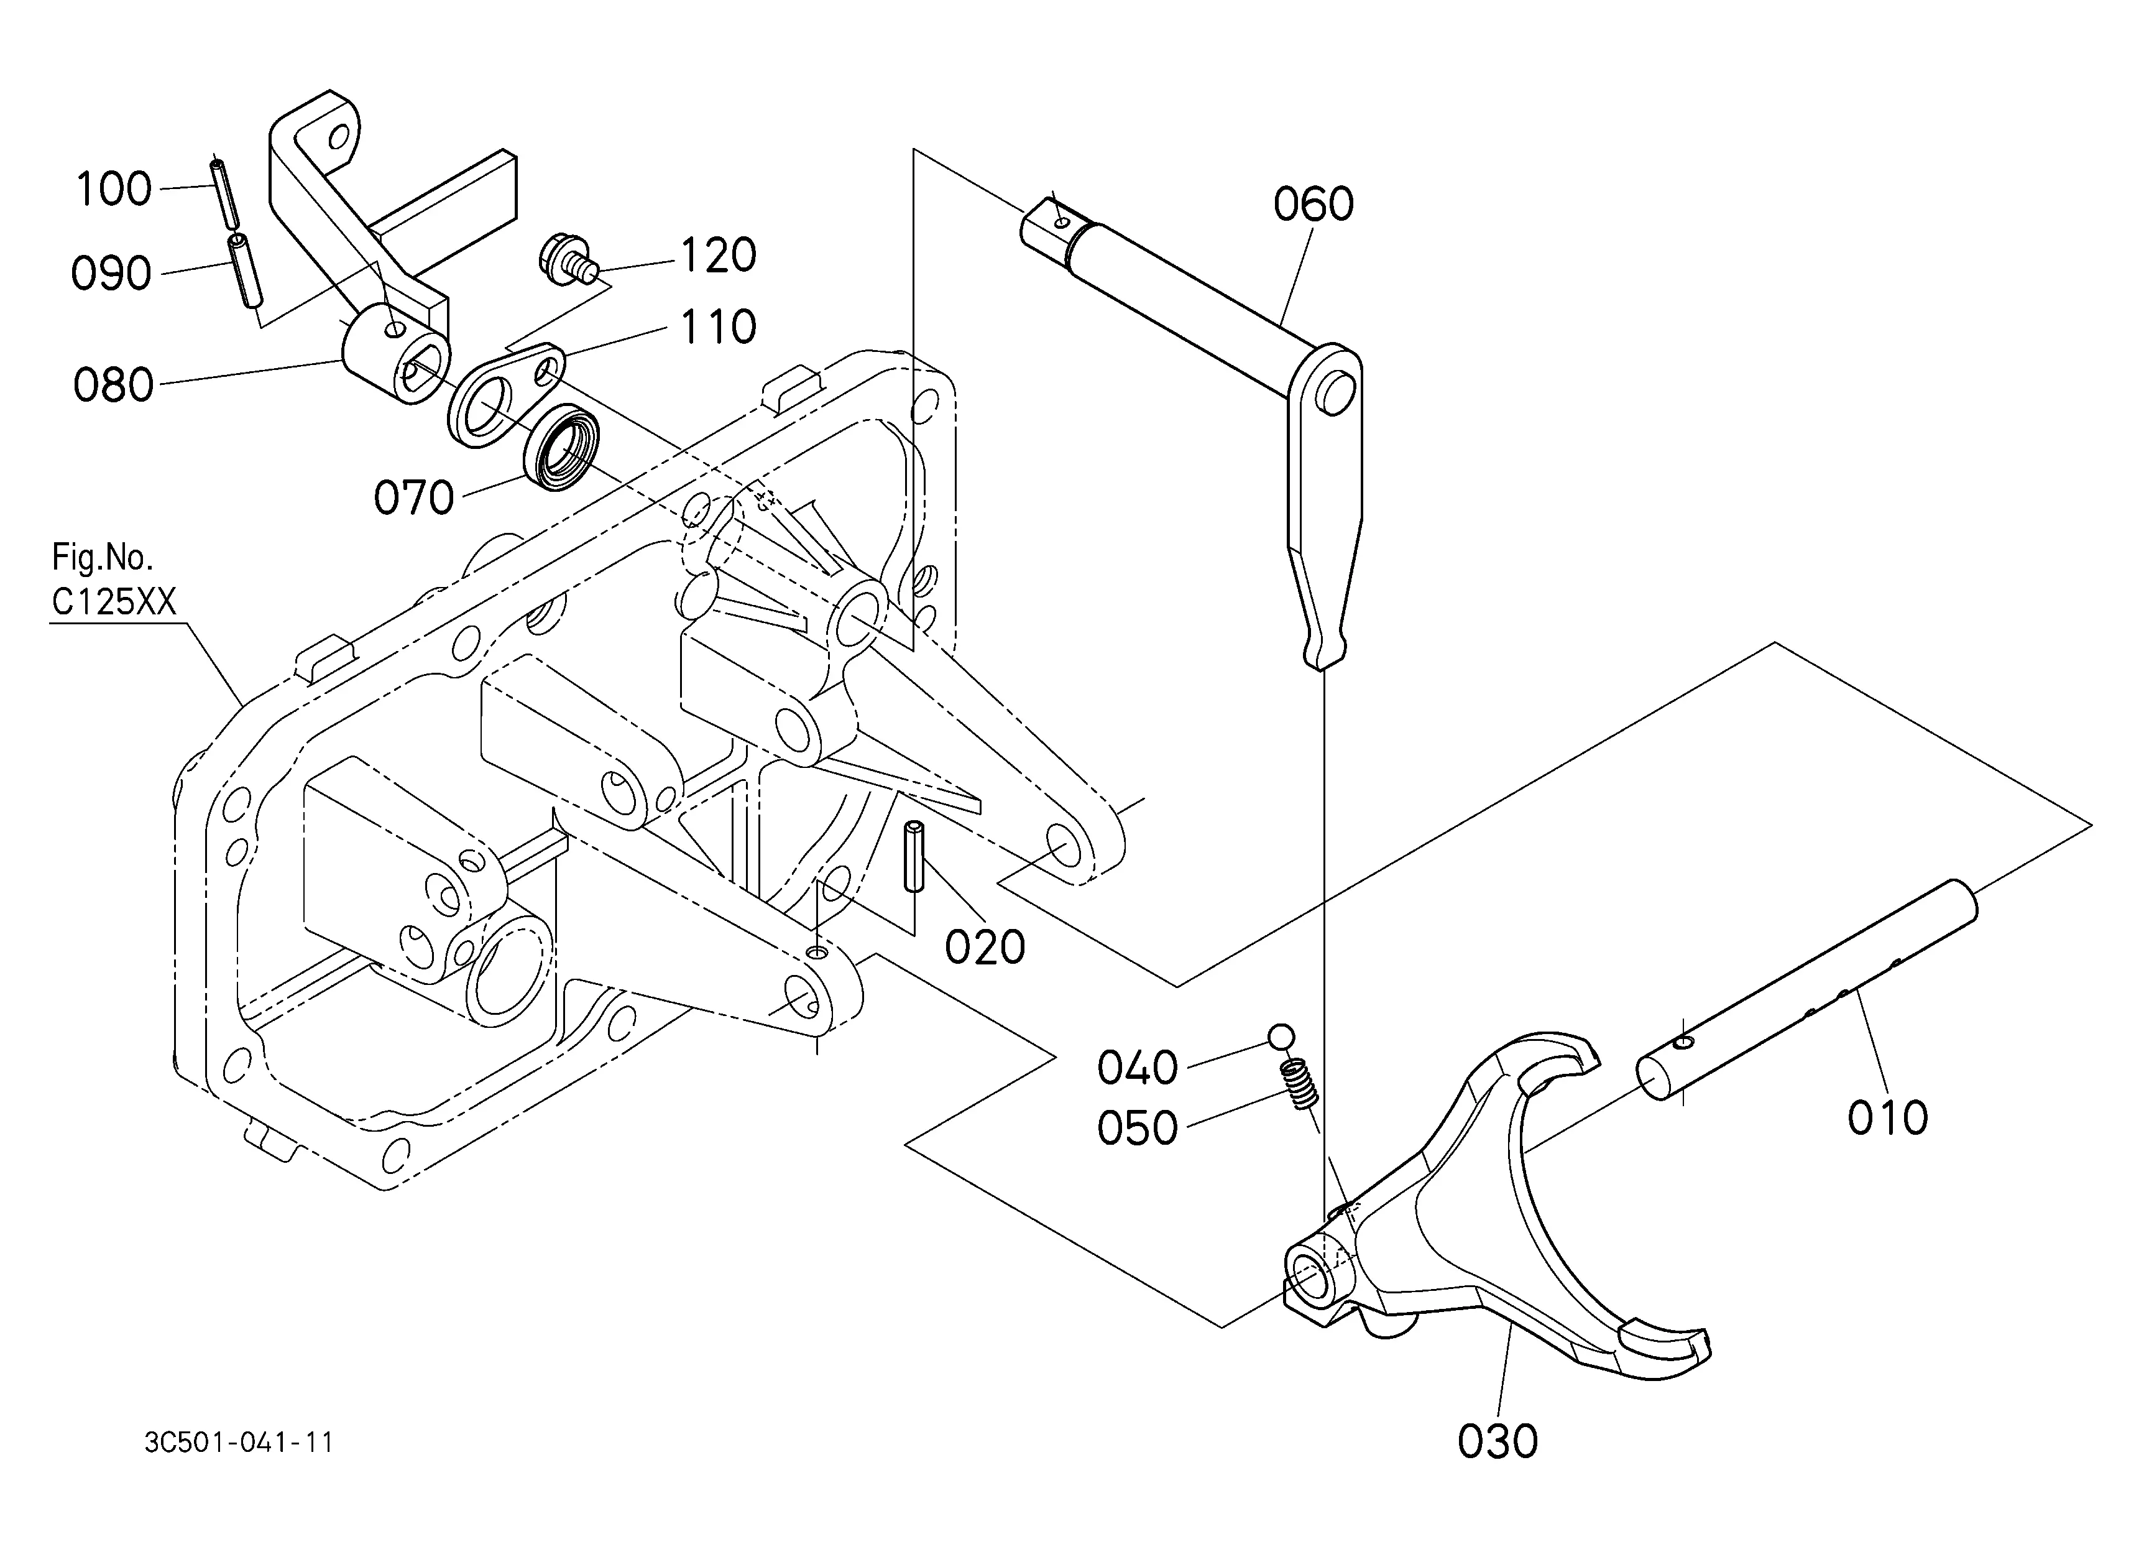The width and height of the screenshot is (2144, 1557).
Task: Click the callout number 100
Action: pyautogui.click(x=113, y=189)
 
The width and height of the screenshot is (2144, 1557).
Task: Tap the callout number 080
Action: pyautogui.click(x=113, y=386)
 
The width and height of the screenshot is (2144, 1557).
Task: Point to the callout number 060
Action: pyautogui.click(x=1313, y=204)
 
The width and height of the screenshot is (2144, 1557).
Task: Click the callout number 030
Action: pyautogui.click(x=1498, y=1442)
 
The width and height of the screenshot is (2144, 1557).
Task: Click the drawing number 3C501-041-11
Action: pyautogui.click(x=239, y=1443)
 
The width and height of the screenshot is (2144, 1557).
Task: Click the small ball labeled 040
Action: pyautogui.click(x=1282, y=1036)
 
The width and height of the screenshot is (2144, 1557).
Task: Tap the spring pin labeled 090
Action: pyautogui.click(x=244, y=271)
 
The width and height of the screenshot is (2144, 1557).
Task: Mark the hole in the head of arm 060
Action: pyautogui.click(x=1335, y=392)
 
